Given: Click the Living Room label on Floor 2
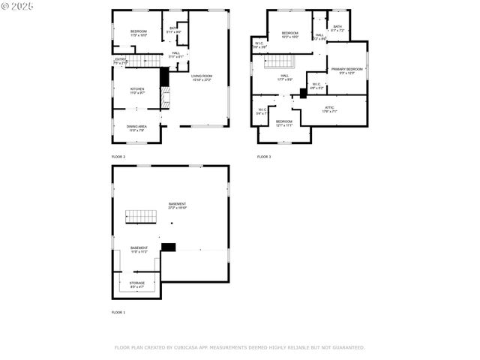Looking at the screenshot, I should click(201, 77).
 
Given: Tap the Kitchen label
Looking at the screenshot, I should click(137, 90).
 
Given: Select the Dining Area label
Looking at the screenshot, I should click(136, 127).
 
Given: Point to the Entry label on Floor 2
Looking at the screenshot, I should click(120, 60).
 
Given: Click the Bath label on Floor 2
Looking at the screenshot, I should click(174, 31).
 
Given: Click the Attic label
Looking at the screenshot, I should click(329, 109).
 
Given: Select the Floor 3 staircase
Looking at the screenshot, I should click(280, 61).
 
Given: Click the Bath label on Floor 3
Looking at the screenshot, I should click(337, 28).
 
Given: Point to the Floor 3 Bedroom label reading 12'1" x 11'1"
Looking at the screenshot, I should click(283, 122).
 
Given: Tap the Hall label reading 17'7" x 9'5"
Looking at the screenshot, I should click(285, 76).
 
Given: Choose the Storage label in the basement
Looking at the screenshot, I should click(136, 284).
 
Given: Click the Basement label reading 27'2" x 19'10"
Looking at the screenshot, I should click(177, 205).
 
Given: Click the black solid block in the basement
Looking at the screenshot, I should click(169, 246).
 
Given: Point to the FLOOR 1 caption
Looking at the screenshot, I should click(118, 311).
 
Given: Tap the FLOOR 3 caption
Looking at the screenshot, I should click(264, 157).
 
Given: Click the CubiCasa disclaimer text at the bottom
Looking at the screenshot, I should click(239, 347).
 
